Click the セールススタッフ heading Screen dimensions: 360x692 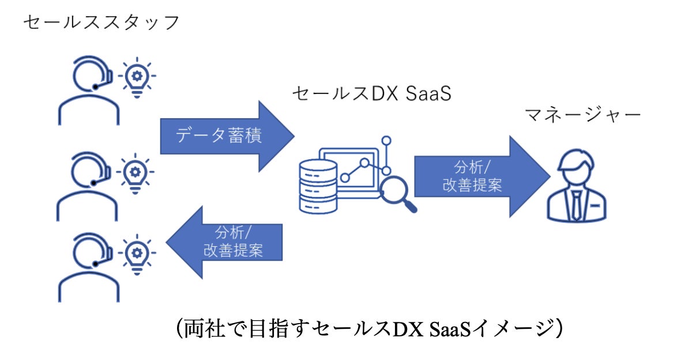pyautogui.click(x=101, y=22)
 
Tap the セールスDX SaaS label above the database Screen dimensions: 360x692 pyautogui.click(x=371, y=93)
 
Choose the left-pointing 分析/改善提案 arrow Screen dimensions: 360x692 pyautogui.click(x=225, y=242)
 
